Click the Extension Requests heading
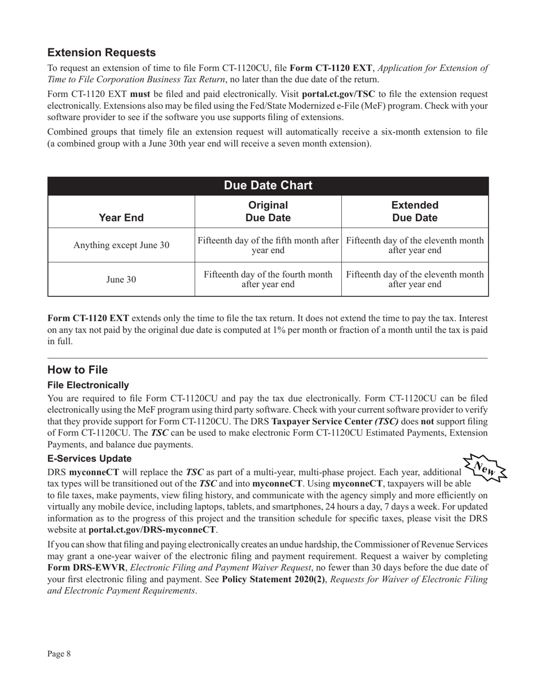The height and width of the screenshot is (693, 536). click(x=102, y=52)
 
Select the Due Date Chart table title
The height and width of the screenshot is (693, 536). click(x=268, y=185)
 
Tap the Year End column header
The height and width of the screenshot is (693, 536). click(x=121, y=217)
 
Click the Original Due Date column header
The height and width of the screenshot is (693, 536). click(x=268, y=211)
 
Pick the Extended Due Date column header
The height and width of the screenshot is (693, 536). click(x=415, y=211)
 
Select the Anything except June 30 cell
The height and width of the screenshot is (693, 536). click(x=121, y=245)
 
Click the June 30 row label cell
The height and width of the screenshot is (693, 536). click(x=121, y=279)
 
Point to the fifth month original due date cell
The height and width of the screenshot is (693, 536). click(x=268, y=245)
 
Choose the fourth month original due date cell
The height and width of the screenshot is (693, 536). click(x=268, y=279)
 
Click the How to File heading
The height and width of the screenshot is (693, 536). click(x=77, y=370)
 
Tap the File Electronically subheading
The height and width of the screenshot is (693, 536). click(x=88, y=385)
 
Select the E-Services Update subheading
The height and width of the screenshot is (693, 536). click(x=90, y=458)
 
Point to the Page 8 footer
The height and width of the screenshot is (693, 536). click(x=59, y=654)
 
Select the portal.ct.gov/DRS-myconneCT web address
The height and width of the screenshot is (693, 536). click(x=152, y=530)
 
